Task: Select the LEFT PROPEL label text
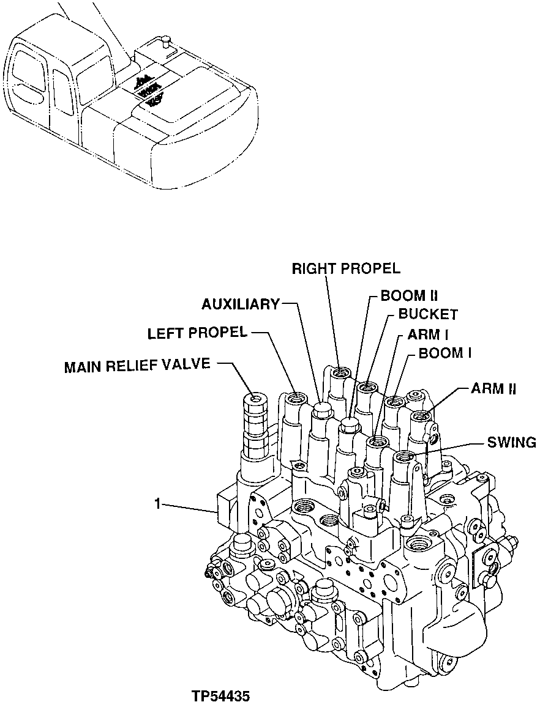[197, 333]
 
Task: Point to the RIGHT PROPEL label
[345, 268]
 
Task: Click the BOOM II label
[409, 296]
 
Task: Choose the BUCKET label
[428, 315]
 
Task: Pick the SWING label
[511, 442]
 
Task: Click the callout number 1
[157, 504]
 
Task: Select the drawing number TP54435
[220, 696]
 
